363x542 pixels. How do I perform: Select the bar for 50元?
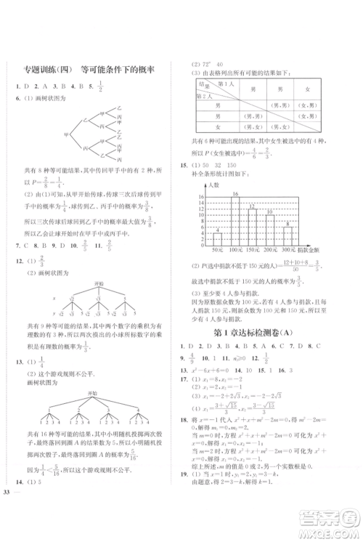(216, 240)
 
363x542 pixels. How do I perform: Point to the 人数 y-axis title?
(213, 186)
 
